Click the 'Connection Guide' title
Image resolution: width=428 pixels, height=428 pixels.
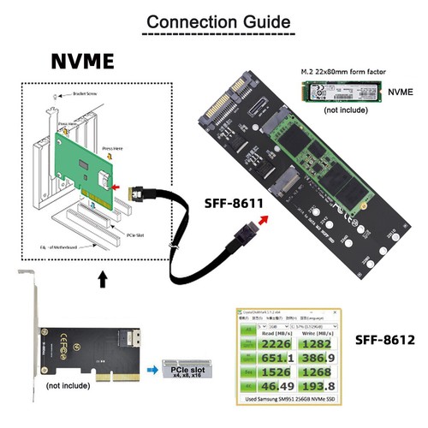click(x=213, y=21)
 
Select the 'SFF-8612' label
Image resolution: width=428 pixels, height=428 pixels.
click(x=383, y=339)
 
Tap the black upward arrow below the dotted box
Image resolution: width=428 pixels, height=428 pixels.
click(x=104, y=280)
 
